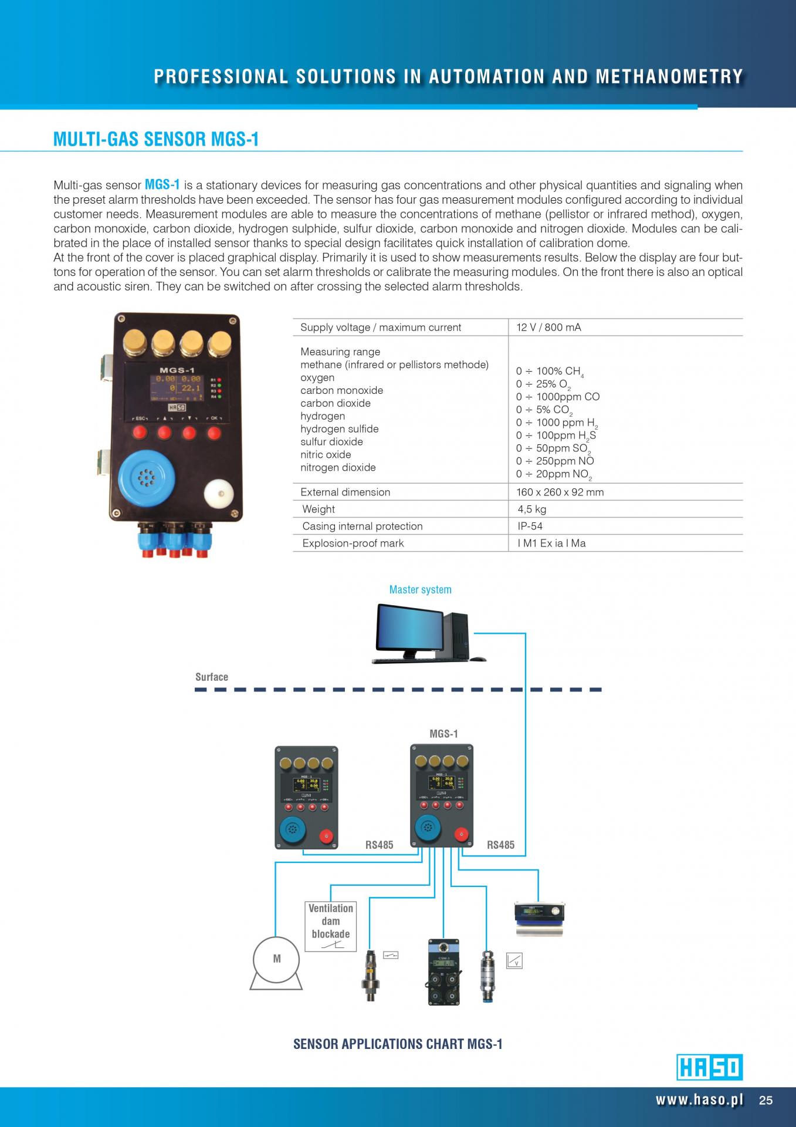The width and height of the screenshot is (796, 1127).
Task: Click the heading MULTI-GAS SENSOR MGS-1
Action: coord(155,139)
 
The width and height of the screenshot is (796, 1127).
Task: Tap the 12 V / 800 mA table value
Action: coord(548,328)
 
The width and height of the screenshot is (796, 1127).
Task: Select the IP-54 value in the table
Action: coord(530,527)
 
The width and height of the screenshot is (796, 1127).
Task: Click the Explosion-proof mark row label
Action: coord(353,544)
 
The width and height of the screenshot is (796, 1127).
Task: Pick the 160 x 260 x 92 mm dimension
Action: coord(560,492)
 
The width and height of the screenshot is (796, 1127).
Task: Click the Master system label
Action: coord(420,590)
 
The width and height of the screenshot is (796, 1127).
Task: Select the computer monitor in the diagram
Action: coord(408,628)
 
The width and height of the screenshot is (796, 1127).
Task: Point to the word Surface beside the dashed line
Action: coord(212,677)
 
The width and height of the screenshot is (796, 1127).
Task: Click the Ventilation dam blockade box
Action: coord(330,926)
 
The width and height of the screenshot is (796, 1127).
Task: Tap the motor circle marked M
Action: coord(276,959)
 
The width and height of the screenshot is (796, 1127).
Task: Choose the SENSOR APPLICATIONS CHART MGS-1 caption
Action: coord(398,1044)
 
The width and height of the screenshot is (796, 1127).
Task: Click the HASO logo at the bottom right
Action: coord(709,1067)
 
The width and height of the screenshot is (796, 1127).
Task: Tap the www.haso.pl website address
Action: coord(699,1100)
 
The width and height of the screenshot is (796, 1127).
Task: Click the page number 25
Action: coord(765,1101)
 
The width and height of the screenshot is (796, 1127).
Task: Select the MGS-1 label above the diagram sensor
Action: coord(443,734)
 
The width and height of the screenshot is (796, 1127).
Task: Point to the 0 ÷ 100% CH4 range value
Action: coord(549,372)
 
